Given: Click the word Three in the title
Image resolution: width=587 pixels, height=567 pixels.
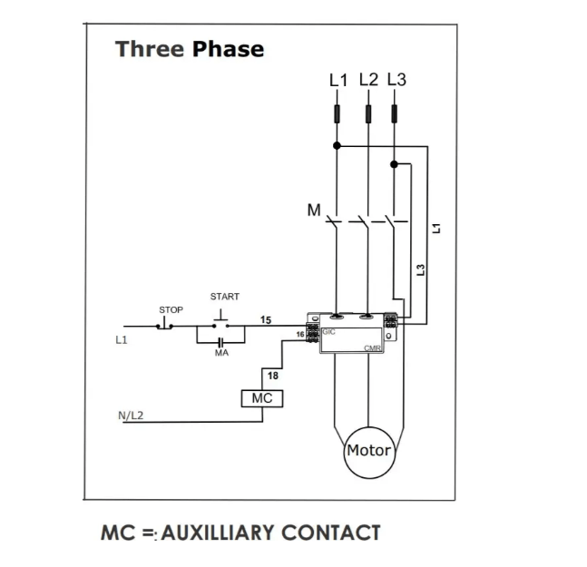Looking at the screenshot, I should [x=150, y=49].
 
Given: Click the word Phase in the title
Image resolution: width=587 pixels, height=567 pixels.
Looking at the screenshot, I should [x=228, y=49].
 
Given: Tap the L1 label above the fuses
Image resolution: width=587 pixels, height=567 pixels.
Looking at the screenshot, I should [x=338, y=80].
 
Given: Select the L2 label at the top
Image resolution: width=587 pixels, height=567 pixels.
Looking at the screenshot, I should [x=368, y=79].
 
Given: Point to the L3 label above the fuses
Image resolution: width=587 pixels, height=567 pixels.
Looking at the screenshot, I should [x=396, y=79].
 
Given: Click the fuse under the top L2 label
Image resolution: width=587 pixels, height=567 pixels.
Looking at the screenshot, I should [x=368, y=113].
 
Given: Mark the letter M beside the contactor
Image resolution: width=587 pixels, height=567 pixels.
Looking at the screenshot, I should [x=314, y=210].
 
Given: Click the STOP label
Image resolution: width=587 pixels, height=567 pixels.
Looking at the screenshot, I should [x=171, y=310].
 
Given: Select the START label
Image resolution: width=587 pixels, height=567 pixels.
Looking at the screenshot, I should [x=224, y=297].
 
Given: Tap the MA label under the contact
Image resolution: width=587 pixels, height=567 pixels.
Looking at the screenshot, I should [x=221, y=353].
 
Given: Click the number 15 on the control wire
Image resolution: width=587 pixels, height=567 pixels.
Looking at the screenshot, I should [x=266, y=319].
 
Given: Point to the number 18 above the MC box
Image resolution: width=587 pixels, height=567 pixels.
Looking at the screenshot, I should [x=272, y=376].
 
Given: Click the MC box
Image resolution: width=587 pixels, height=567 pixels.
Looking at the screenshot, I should [x=262, y=397].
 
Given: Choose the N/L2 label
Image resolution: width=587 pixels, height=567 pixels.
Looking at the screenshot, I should [x=132, y=415].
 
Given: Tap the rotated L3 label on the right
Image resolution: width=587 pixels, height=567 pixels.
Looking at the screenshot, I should [x=420, y=269].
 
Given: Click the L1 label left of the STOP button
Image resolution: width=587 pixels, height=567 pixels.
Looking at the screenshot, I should [x=121, y=340].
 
